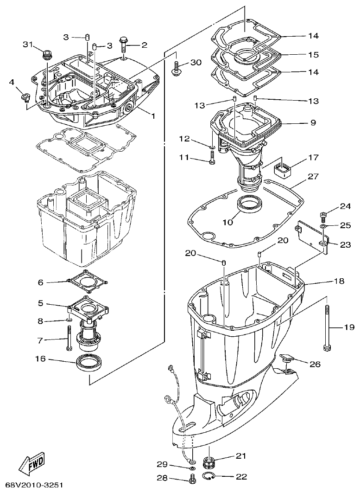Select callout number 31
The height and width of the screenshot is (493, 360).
click(29, 45)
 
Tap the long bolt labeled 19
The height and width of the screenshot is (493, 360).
click(327, 327)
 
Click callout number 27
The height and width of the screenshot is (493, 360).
click(313, 176)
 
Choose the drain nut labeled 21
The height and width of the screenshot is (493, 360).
click(209, 462)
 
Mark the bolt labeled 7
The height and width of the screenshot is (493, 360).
click(69, 338)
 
